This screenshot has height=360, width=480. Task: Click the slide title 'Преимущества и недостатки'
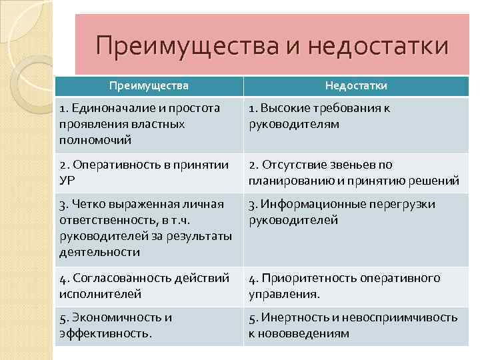(x=271, y=47)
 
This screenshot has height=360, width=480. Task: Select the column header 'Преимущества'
(x=149, y=86)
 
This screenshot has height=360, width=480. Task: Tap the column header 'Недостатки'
(x=356, y=86)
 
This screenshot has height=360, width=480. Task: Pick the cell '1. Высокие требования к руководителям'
(x=320, y=116)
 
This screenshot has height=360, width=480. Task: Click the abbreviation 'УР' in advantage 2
(x=67, y=180)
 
